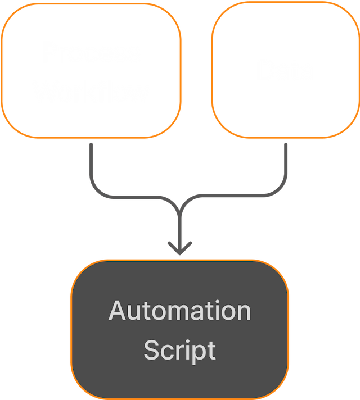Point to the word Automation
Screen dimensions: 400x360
(179, 311)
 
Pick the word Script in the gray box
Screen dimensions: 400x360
(179, 349)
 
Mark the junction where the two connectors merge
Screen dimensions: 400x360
(179, 208)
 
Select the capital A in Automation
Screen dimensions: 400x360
(117, 311)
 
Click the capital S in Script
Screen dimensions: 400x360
(151, 349)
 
